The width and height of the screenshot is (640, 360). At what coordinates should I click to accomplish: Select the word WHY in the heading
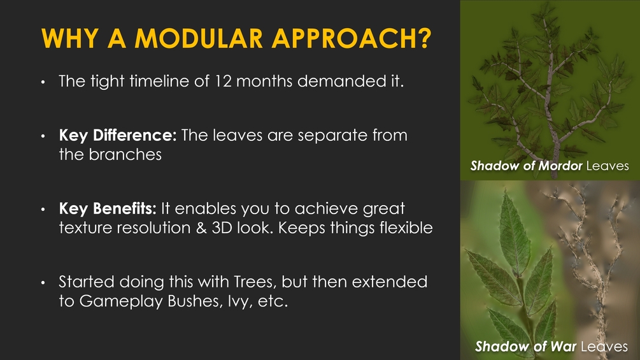[70, 38]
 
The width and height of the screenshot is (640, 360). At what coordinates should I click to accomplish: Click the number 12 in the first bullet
[223, 81]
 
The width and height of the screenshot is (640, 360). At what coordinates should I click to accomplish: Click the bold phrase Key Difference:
[118, 135]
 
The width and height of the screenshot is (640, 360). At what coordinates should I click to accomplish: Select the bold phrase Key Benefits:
[108, 208]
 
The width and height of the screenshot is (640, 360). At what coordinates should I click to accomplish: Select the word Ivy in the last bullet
[240, 301]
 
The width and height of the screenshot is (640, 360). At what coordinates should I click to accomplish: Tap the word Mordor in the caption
[560, 166]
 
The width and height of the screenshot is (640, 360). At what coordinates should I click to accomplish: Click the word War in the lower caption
[564, 347]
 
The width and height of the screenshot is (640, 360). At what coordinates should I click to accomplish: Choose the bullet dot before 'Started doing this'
[43, 282]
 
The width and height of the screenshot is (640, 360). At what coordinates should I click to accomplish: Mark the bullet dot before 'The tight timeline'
[43, 82]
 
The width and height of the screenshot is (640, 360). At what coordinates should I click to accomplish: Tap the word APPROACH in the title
[345, 38]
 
